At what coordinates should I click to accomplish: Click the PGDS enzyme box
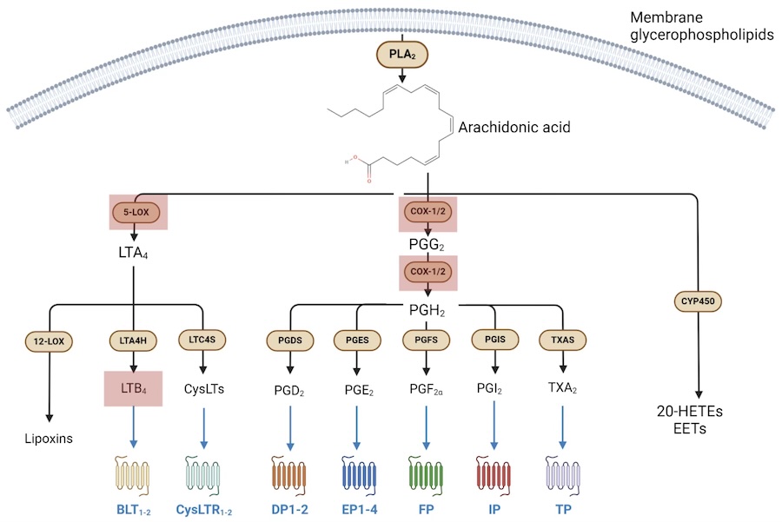coord(288,340)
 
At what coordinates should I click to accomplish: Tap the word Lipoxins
coord(49,437)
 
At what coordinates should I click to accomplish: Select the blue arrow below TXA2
coord(562,426)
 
